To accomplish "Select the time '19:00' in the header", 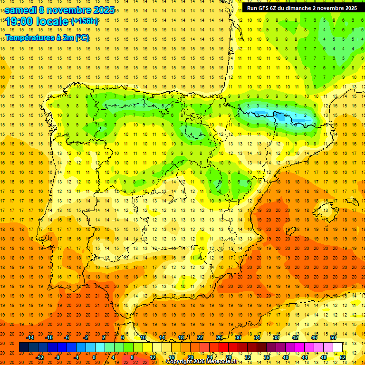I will point(19,21).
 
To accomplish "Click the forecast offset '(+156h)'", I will point(85,21).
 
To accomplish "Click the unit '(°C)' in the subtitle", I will point(81,38).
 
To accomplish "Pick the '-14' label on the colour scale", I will point(30,337).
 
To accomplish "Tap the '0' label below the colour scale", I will point(94,357).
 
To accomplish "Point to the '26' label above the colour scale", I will point(219,337).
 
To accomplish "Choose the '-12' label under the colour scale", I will point(40,357).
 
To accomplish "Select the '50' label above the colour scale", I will point(333,337).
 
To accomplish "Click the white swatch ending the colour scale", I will point(337,347).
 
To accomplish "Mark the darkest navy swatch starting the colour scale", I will point(24,347).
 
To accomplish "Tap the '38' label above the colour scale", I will point(276,337).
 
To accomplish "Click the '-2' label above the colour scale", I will point(86,337).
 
